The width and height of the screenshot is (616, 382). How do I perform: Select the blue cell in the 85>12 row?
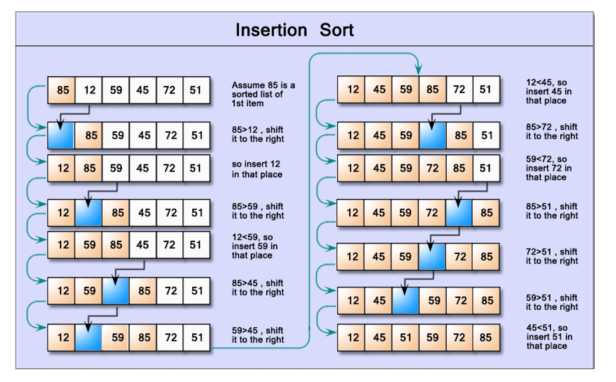[x=61, y=135]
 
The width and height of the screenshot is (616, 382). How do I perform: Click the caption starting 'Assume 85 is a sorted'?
[x=263, y=94]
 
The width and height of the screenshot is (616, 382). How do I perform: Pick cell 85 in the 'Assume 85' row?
[x=62, y=91]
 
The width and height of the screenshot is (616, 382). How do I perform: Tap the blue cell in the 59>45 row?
[x=88, y=337]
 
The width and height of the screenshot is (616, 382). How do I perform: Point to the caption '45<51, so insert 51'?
[x=549, y=337]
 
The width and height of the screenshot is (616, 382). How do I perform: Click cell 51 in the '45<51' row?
[x=406, y=337]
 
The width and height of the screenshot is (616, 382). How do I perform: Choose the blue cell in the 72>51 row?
[x=432, y=256]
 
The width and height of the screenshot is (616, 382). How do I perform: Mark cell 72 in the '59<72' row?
[x=433, y=168]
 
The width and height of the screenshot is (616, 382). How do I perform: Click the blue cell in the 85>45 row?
[x=115, y=290]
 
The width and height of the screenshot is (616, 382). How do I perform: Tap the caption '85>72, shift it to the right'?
[x=552, y=132]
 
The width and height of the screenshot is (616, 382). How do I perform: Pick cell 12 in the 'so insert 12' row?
[x=62, y=168]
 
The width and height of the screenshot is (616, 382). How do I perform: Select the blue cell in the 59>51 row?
[x=406, y=300]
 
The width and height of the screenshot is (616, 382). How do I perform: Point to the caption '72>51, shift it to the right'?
[x=552, y=256]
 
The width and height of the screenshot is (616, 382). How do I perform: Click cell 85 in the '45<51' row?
[x=486, y=337]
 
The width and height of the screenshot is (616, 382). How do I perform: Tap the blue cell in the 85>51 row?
[x=459, y=213]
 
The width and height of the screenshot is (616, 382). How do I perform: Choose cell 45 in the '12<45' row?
[x=379, y=89]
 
